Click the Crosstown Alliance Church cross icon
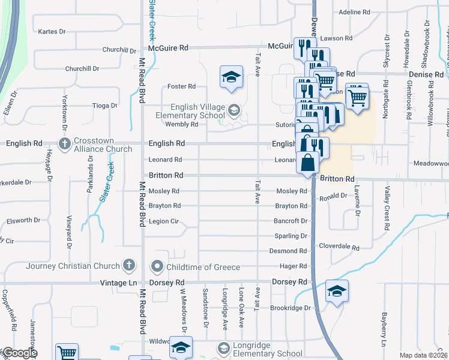[x=64, y=144]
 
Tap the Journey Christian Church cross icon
[x=128, y=265]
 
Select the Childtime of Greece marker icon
[x=157, y=265]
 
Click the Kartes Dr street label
[x=51, y=32]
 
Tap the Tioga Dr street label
[x=105, y=106]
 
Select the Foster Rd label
[x=181, y=86]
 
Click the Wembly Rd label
[x=181, y=124]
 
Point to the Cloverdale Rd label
[x=339, y=247]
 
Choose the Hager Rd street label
[x=294, y=266]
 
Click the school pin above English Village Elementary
[x=231, y=77]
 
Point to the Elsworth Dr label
[x=23, y=221]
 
